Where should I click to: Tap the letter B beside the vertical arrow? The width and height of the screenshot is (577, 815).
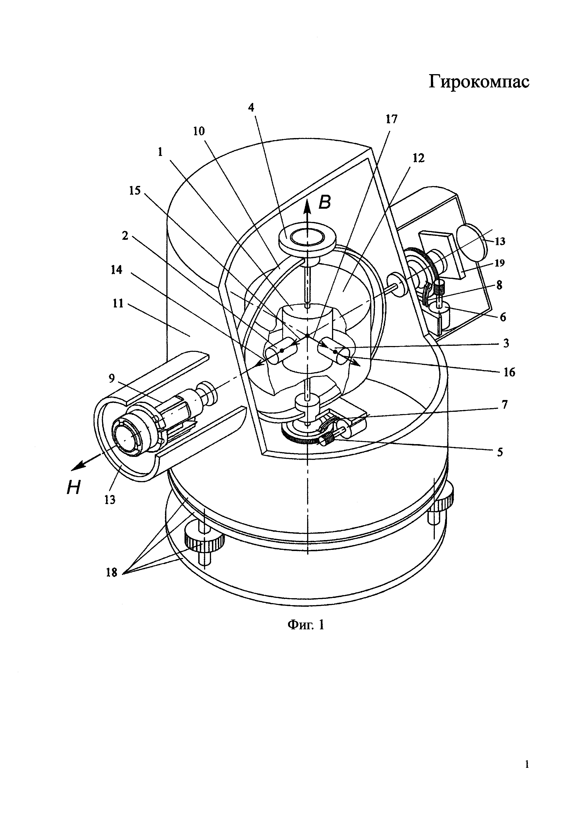(324, 202)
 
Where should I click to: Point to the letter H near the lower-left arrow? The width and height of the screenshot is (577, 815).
(74, 489)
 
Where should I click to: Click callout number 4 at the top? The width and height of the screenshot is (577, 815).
(251, 108)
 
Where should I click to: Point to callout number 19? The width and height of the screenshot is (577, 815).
(499, 263)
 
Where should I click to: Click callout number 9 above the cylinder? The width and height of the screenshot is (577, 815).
(112, 379)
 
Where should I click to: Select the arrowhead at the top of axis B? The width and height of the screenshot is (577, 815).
(308, 205)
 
